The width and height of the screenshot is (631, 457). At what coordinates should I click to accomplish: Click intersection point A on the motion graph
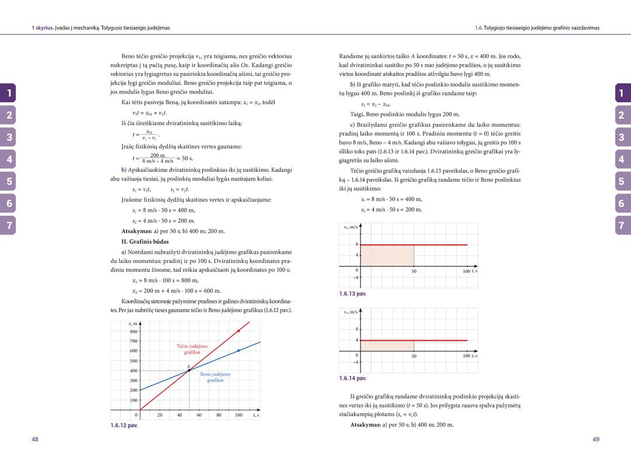[x=189, y=370]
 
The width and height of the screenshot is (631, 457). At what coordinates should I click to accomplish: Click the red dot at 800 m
[x=238, y=331]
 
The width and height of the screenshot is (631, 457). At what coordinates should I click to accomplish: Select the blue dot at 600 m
[x=238, y=351]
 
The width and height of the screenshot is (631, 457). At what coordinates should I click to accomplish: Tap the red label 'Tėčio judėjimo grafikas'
[x=192, y=349]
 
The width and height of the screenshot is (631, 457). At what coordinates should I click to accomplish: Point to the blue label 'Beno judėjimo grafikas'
[x=215, y=377]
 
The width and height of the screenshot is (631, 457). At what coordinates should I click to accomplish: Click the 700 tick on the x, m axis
[x=133, y=341]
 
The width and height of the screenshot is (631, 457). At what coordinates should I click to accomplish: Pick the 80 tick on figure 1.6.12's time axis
[x=219, y=416]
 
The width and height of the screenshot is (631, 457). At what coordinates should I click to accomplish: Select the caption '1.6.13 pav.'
[x=353, y=294]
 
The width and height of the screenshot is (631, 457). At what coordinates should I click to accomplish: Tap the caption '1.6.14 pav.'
[x=353, y=378]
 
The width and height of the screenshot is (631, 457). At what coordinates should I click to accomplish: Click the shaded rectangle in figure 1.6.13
[x=387, y=256]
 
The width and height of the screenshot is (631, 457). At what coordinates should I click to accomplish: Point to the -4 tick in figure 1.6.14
[x=356, y=362]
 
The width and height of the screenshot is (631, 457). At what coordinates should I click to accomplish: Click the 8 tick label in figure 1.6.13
[x=356, y=244]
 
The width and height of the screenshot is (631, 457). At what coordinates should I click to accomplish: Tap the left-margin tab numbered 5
[x=9, y=182]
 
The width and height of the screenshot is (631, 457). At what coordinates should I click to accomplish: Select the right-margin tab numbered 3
[x=622, y=137]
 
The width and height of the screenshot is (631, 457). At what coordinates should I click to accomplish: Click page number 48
[x=35, y=439]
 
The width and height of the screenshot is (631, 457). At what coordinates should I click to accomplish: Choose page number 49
[x=596, y=439]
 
